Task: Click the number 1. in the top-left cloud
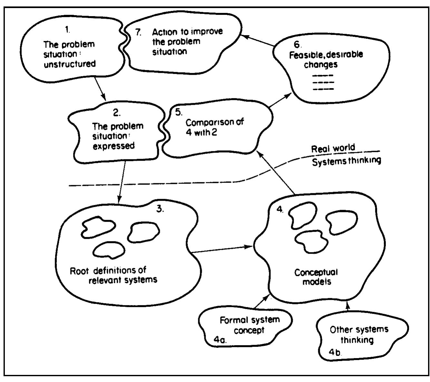coord(67,30)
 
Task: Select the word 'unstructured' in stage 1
coord(70,64)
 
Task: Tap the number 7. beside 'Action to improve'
coord(138,33)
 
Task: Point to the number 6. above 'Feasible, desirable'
coord(297,45)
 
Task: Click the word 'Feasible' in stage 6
coord(302,55)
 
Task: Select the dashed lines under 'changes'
coord(323,82)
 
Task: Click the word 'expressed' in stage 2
coord(113,146)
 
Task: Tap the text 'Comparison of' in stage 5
coord(215,122)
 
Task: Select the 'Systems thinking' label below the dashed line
coord(346,161)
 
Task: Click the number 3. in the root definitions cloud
coord(160,209)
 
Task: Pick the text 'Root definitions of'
coord(108,270)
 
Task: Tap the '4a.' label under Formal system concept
coord(220,339)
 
